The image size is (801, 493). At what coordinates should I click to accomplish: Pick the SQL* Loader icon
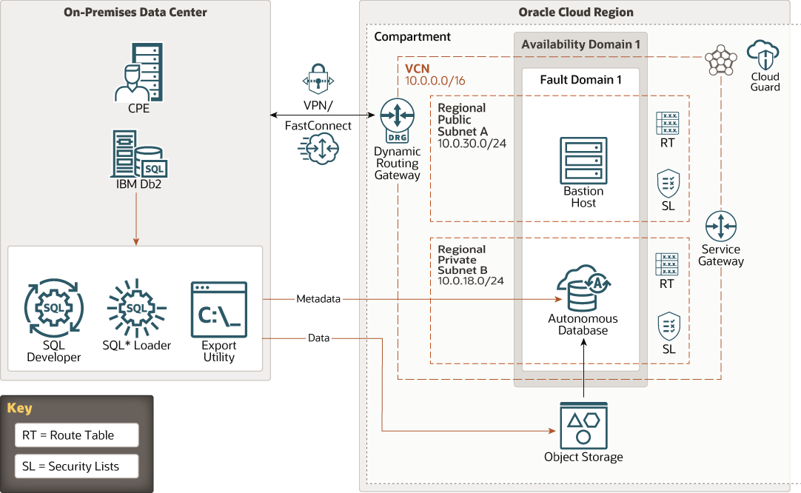coord(136,307)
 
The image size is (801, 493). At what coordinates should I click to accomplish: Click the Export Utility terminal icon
coord(218,309)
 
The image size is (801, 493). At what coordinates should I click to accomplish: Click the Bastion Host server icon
coord(583,159)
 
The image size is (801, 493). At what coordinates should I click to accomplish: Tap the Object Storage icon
coord(583,426)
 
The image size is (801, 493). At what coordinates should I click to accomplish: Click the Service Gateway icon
coord(720,227)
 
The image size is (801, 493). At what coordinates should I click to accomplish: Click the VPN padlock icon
coord(319,80)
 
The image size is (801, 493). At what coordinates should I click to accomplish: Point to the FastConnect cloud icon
coord(318,150)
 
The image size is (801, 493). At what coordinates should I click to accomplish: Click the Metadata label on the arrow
coord(318,299)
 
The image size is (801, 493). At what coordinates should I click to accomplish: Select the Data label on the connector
coord(318,338)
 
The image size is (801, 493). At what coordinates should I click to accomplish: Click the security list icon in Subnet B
coord(668,326)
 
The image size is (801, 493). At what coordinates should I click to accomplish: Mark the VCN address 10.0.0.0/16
coord(435,81)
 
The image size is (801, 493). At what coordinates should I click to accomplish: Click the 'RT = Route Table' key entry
coord(76,435)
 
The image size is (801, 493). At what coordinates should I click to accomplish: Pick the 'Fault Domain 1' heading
coord(580,80)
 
